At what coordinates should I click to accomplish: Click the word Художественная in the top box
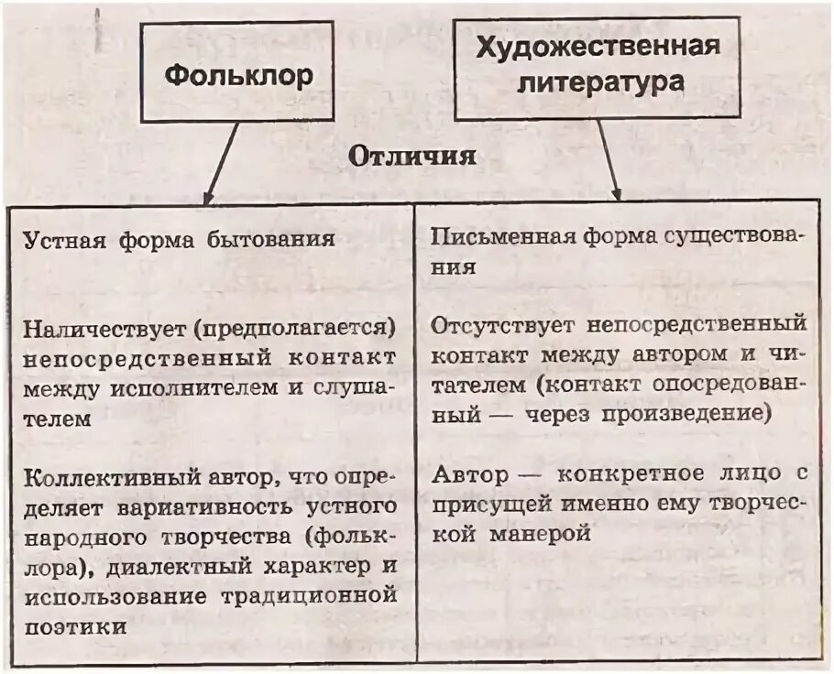[598, 47]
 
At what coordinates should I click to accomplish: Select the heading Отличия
[412, 156]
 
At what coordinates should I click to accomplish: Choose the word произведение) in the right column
[685, 414]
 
